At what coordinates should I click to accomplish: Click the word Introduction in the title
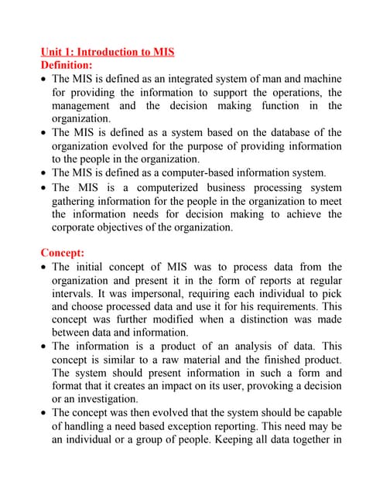pos(106,52)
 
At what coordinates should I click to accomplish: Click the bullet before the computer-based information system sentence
pos(43,173)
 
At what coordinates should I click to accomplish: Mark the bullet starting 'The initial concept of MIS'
pos(43,268)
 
